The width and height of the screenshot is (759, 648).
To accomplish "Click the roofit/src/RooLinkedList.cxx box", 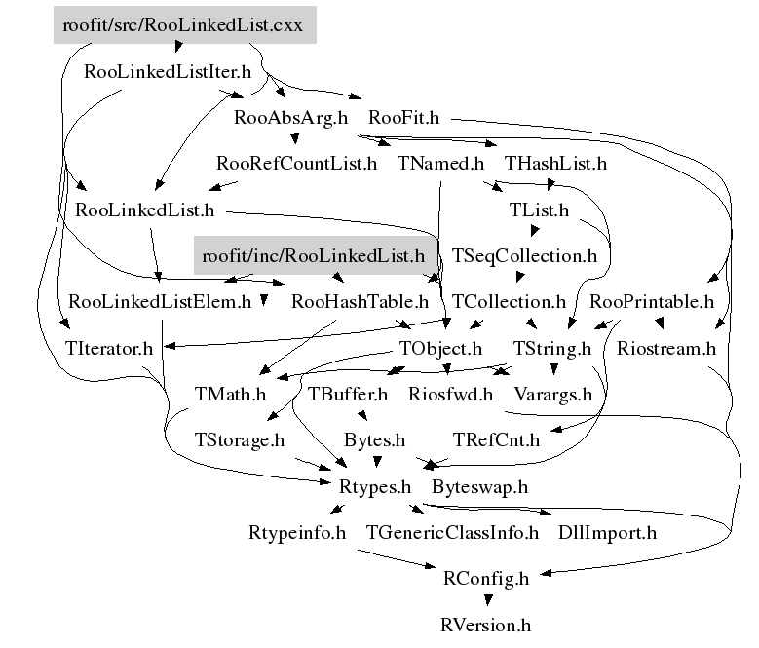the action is click(x=185, y=25).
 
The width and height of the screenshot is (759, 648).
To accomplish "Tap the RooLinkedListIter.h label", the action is click(x=168, y=72).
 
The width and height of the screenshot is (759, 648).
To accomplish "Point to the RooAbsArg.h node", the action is click(x=290, y=118).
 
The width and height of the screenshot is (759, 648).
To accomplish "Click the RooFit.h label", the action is click(x=403, y=118).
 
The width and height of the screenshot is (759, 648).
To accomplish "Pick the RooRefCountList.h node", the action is click(x=296, y=164).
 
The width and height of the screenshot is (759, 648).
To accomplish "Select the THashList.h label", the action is click(x=555, y=164).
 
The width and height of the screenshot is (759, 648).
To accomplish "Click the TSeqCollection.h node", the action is click(x=524, y=256).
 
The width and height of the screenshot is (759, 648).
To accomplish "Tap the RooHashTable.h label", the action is click(x=360, y=302).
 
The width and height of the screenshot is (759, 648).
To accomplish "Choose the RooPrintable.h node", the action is click(x=652, y=302).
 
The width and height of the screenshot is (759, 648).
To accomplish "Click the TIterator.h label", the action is click(x=109, y=349).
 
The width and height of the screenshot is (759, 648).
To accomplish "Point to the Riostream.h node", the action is click(x=666, y=349).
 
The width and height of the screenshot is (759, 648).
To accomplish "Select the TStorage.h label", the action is click(x=239, y=440).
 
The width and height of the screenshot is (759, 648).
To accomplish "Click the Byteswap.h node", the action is click(x=479, y=487).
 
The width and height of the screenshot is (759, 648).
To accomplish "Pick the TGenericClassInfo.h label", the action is click(x=452, y=533).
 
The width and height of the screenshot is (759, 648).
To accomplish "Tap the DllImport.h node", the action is click(x=607, y=533).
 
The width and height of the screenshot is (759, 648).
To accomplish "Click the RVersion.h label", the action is click(x=485, y=626).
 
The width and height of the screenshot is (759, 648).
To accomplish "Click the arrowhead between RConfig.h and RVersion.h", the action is click(x=488, y=600).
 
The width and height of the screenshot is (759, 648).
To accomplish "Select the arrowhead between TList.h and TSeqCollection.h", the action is click(x=534, y=230).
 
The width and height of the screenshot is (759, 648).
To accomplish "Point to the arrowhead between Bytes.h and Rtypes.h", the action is click(x=377, y=462).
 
